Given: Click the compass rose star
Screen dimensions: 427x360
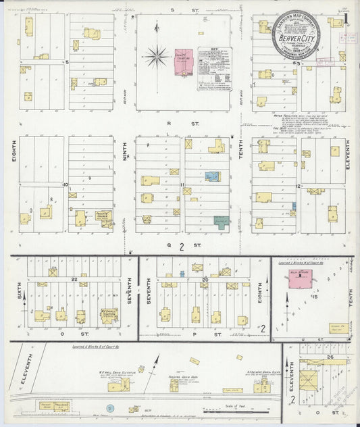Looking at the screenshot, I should click(156, 56).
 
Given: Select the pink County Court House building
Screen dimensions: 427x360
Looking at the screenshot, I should click(184, 59).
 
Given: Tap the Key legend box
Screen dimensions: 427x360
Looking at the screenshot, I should click(214, 69).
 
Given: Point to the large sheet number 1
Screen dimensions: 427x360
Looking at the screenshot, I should click(345, 19).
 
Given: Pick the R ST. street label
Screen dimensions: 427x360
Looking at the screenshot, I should click(190, 124).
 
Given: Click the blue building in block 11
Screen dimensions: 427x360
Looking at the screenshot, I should click(213, 176).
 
